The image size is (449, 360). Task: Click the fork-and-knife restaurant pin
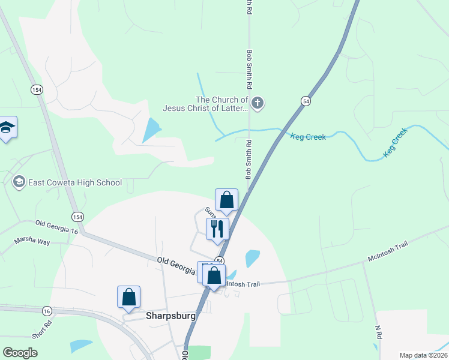(x=217, y=229)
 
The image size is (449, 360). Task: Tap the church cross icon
(x=257, y=103)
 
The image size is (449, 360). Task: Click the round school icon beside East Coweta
(x=19, y=182)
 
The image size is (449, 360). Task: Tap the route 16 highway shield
(x=47, y=311)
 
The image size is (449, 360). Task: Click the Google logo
(x=20, y=353)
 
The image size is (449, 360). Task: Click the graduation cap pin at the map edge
(x=7, y=127)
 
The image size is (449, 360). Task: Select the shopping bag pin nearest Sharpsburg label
(x=128, y=297)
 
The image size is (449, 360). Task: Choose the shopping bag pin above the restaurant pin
(x=227, y=200)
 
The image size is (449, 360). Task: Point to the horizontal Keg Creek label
(x=308, y=137)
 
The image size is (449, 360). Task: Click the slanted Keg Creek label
(x=396, y=143)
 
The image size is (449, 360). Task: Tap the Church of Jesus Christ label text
(x=205, y=104)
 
